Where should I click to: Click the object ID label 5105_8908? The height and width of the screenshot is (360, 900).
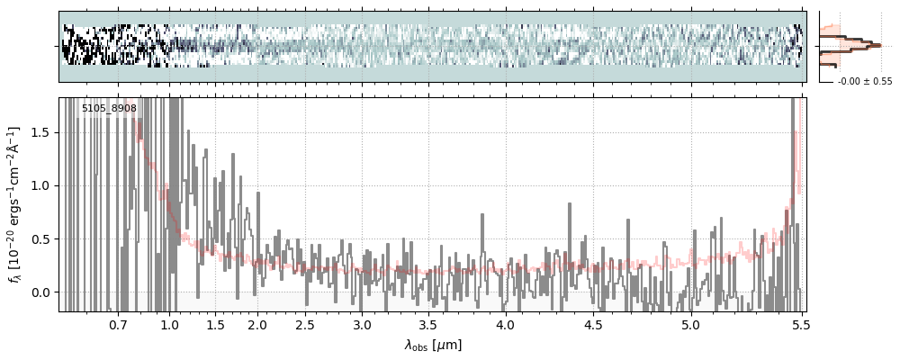pyautogui.click(x=109, y=109)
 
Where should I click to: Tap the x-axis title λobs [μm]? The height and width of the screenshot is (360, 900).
pyautogui.click(x=433, y=345)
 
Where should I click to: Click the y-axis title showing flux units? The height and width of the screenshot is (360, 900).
pyautogui.click(x=15, y=204)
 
